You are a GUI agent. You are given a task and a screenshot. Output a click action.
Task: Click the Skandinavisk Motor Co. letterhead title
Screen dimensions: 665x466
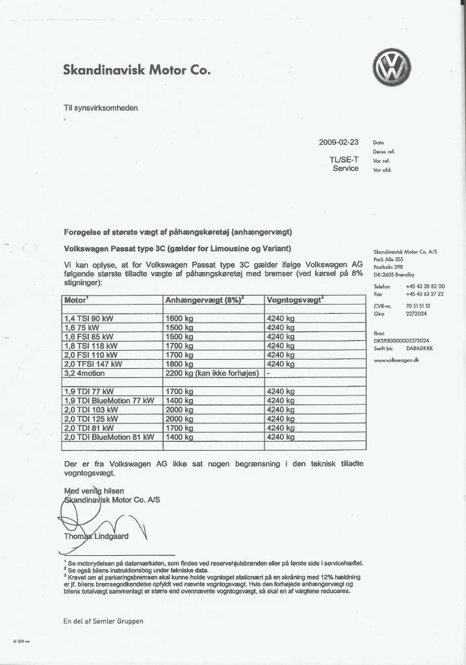coord(136,70)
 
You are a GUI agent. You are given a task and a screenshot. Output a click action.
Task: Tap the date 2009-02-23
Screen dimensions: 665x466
coord(339,142)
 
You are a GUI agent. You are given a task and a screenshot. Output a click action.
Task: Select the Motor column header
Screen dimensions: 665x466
coord(77,299)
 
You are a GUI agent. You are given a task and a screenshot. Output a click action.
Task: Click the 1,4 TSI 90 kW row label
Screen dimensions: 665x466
coord(89,319)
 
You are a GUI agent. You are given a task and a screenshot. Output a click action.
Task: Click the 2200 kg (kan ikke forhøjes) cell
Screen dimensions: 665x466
coord(213,373)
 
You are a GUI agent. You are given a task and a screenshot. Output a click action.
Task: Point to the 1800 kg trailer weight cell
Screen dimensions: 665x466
coord(180,364)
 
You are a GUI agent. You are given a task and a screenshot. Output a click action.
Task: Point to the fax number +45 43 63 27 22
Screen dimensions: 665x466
coord(424,294)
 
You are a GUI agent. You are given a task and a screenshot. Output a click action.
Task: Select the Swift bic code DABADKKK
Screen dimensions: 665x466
coord(418,348)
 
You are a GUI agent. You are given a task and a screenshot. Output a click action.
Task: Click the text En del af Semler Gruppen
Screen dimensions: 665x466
coord(103,621)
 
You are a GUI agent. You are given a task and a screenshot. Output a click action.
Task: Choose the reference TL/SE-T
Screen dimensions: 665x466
coord(344,159)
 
